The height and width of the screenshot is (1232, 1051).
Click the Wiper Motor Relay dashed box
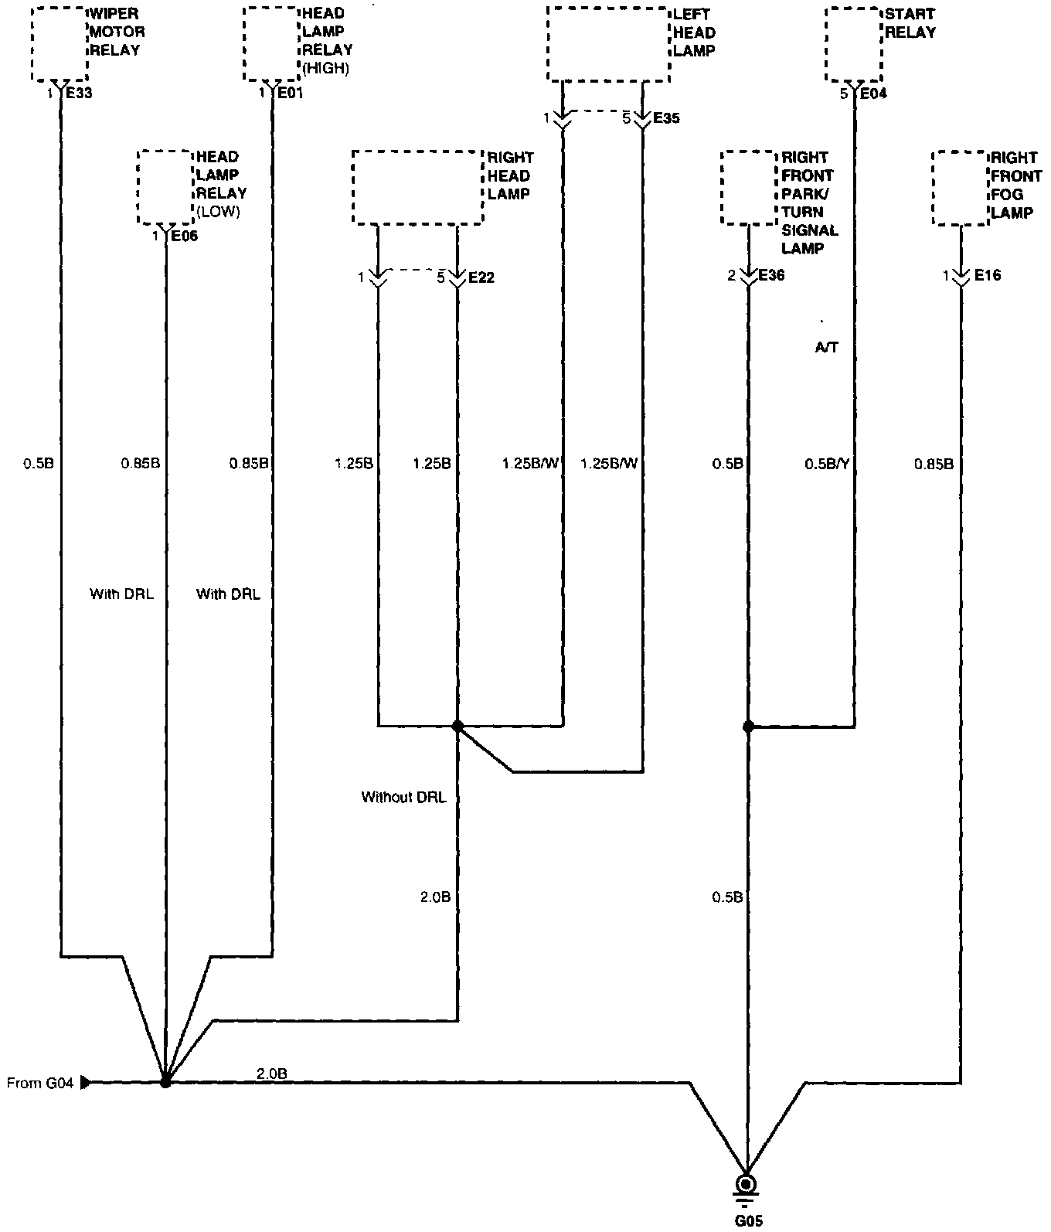tap(60, 44)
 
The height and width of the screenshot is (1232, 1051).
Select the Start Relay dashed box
tap(853, 44)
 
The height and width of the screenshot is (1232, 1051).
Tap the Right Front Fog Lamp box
tap(961, 188)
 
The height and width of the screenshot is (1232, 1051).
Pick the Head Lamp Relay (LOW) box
tap(165, 188)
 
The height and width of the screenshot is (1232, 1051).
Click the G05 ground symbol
tap(747, 1185)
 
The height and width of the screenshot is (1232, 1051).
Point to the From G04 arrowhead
tap(86, 1082)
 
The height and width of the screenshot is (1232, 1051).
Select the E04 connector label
tap(874, 94)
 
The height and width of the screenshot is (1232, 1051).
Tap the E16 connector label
tap(987, 275)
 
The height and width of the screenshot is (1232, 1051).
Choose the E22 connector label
tap(481, 277)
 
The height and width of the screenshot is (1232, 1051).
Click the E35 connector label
tap(666, 118)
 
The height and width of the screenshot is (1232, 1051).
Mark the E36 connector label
tap(771, 275)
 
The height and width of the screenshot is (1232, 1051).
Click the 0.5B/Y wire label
tap(827, 464)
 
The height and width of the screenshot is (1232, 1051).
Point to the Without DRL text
tap(403, 797)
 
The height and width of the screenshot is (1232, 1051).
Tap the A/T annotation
tap(826, 348)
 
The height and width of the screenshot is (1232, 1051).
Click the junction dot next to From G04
tap(165, 1082)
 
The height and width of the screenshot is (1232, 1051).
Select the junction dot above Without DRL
tap(457, 726)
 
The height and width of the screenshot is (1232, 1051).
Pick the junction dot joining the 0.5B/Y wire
tap(747, 726)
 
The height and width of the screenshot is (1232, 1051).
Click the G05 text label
tap(747, 1222)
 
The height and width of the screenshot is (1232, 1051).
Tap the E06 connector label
tap(184, 236)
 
